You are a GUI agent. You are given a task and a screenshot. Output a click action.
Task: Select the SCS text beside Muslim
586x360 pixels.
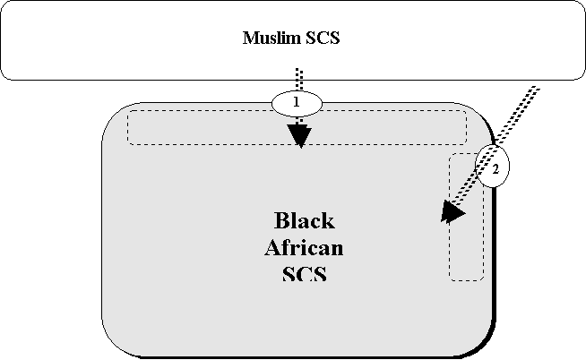(x=322, y=39)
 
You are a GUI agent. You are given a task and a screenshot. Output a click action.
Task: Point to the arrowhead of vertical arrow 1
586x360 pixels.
(x=299, y=135)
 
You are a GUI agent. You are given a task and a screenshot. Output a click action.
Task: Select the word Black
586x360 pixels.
(x=304, y=220)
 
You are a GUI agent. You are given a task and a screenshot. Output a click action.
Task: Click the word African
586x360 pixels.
(x=304, y=247)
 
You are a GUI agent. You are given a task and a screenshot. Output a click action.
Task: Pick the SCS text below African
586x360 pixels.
(x=304, y=273)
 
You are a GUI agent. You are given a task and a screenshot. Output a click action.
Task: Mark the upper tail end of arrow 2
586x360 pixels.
(x=535, y=90)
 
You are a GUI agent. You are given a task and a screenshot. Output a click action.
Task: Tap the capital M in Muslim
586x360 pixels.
(x=250, y=39)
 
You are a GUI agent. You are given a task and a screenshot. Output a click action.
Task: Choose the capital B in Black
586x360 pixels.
(x=280, y=220)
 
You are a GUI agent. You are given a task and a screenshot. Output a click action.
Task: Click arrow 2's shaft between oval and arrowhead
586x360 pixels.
(x=471, y=190)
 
